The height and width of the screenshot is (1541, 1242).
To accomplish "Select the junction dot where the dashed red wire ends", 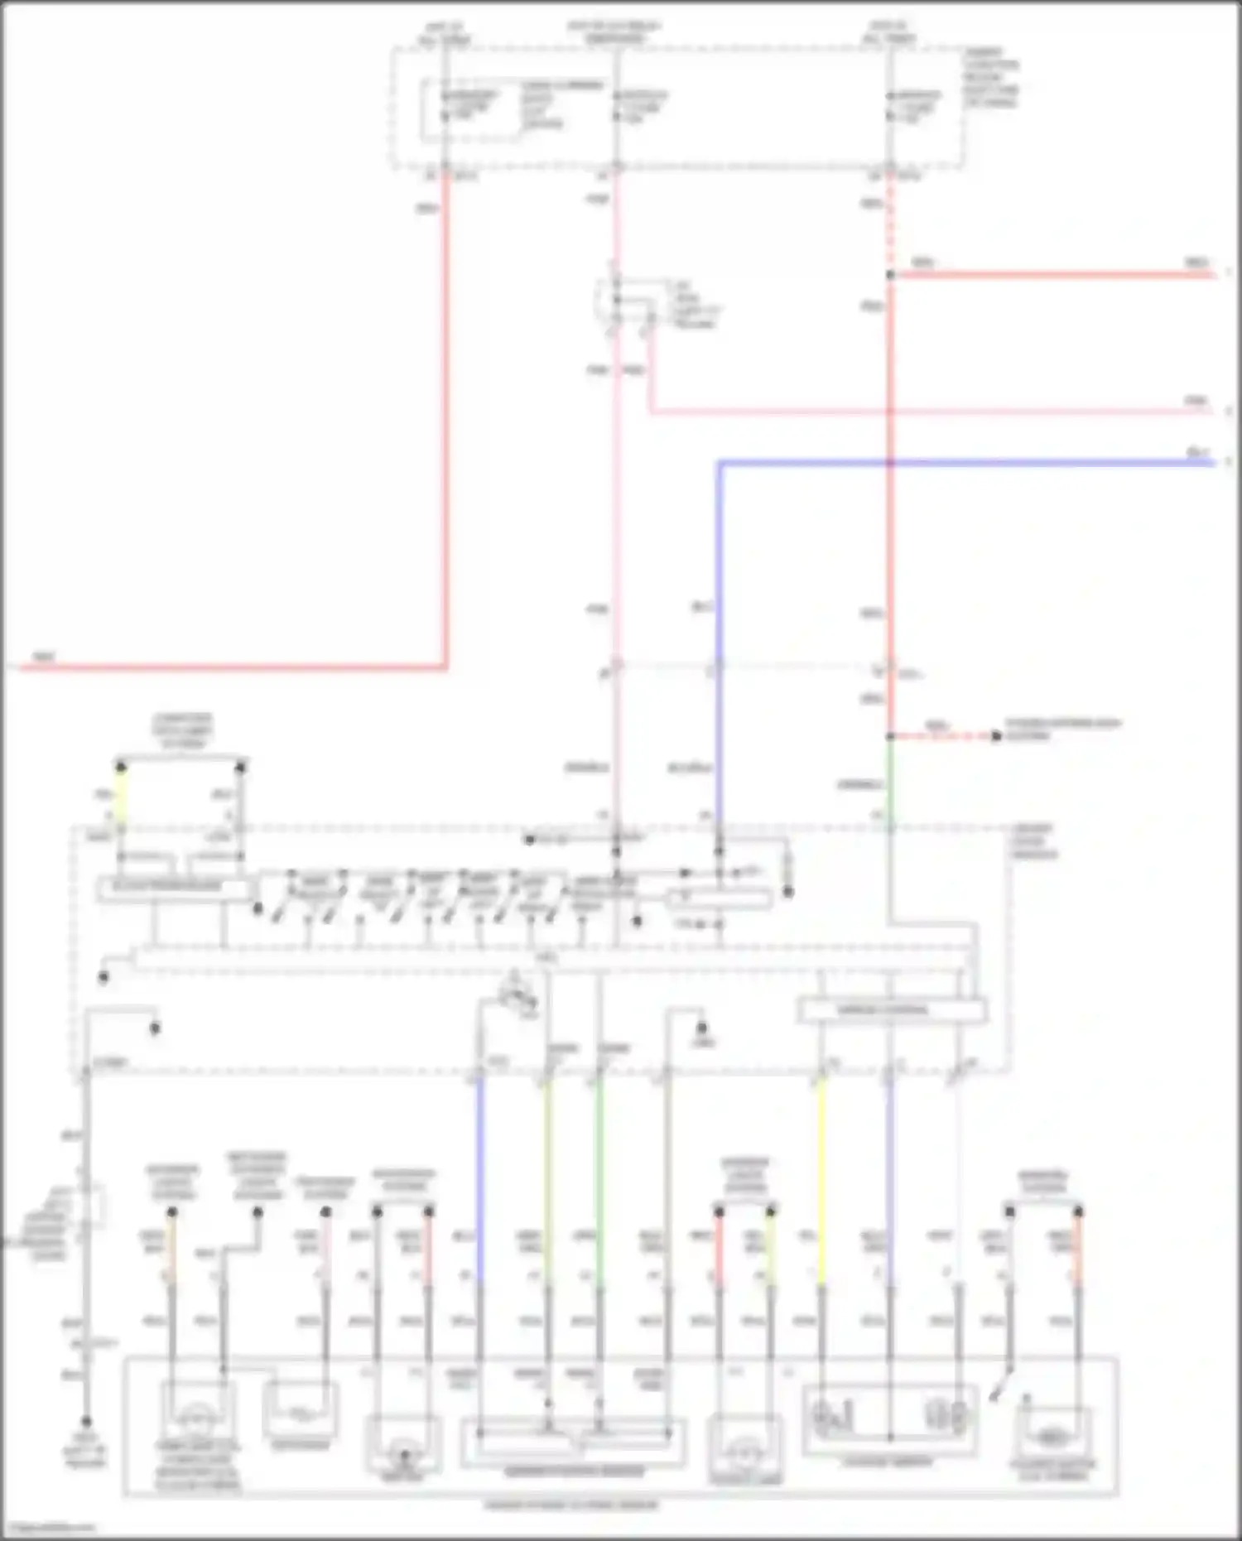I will tap(890, 275).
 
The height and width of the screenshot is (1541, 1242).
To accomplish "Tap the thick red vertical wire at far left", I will tap(445, 414).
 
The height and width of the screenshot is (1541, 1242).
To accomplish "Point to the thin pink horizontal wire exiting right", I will tap(911, 412).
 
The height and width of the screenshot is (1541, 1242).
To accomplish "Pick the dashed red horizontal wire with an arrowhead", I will tap(944, 735).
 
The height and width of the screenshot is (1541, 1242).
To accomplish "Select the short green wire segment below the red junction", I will tap(890, 778).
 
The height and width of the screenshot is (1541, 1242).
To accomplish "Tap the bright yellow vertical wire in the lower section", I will tap(821, 1176).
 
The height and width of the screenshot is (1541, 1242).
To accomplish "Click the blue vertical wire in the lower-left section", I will tap(479, 1176).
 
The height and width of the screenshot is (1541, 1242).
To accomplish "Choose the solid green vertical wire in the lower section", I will tap(599, 1176).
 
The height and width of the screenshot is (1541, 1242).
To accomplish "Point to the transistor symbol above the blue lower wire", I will tap(517, 994).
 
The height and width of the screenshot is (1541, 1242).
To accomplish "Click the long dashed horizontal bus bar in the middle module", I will tap(546, 961).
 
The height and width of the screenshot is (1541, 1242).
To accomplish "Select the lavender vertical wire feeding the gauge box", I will tap(890, 1176).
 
